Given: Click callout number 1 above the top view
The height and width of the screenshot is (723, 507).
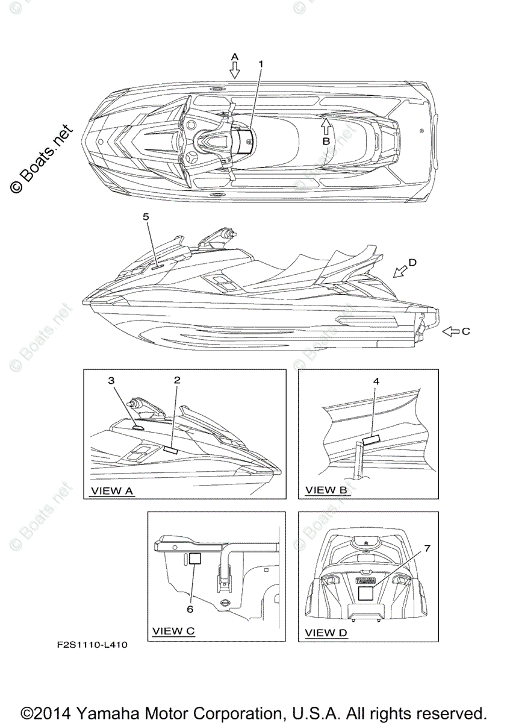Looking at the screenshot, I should click(x=261, y=63).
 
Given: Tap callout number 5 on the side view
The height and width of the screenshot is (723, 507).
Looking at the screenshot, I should click(x=146, y=216).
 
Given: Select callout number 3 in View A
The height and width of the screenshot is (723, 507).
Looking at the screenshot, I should click(x=111, y=380).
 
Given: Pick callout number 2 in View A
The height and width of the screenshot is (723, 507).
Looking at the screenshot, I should click(x=176, y=380).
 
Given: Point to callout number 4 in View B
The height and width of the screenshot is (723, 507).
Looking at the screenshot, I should click(x=376, y=381).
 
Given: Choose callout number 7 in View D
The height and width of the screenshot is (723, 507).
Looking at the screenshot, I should click(x=428, y=548).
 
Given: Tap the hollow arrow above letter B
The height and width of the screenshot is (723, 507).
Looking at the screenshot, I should click(x=325, y=125).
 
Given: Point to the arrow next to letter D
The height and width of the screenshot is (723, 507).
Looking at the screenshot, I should click(x=399, y=272).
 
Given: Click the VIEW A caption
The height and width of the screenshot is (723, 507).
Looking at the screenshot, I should click(x=111, y=491).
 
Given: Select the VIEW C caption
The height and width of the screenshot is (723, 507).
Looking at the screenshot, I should click(x=173, y=631).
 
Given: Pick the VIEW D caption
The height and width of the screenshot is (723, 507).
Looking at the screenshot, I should click(x=326, y=633).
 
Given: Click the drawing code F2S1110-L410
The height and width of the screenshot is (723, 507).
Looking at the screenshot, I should click(x=92, y=645).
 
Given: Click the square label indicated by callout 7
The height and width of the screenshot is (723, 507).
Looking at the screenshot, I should click(x=366, y=593).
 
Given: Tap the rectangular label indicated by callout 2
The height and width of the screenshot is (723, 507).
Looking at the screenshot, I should click(x=170, y=449).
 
